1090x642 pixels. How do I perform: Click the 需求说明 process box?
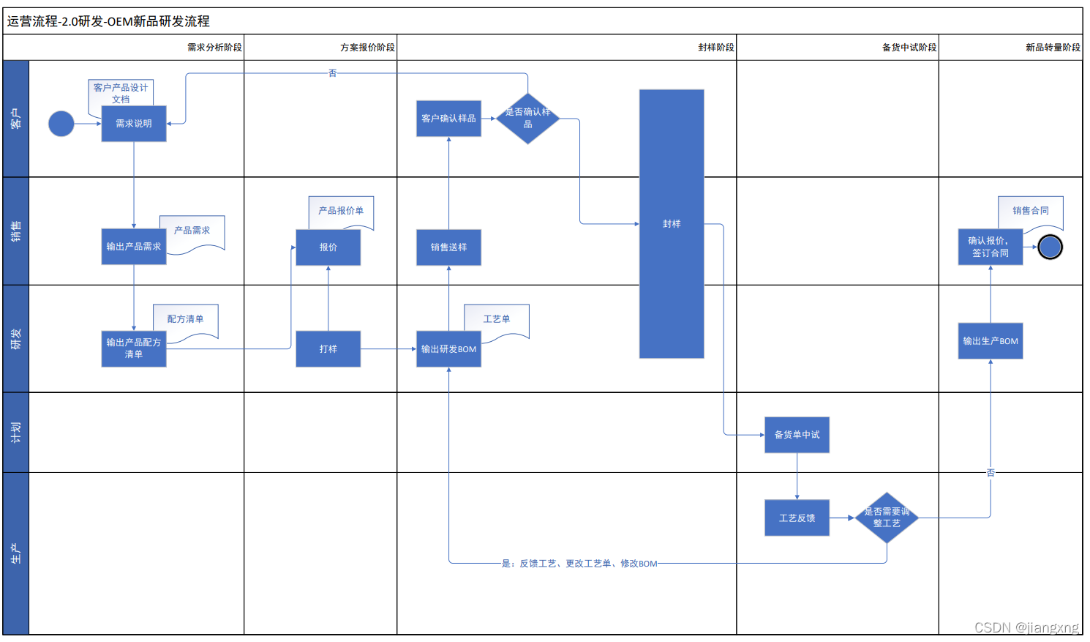[134, 124]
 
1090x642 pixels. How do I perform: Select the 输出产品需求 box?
[134, 247]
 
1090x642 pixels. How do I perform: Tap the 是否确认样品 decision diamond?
[527, 118]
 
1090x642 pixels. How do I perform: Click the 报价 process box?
[328, 247]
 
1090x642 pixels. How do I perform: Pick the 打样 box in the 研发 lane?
[328, 349]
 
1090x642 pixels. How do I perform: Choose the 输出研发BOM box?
[448, 349]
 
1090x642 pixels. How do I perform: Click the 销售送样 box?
[448, 247]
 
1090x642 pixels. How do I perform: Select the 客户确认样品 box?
[448, 119]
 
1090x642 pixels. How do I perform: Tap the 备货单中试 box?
[797, 435]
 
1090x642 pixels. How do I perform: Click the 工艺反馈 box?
[797, 518]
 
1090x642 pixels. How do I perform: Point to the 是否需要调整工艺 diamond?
[887, 518]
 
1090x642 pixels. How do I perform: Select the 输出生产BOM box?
[991, 341]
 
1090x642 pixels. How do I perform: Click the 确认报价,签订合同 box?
[991, 247]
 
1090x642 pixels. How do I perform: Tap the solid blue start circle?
[61, 124]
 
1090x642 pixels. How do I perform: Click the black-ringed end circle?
[1050, 247]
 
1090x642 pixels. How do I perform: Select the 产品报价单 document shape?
[341, 211]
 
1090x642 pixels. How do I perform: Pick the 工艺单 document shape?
[497, 320]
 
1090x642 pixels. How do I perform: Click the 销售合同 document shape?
[1031, 212]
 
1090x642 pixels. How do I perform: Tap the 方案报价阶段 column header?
[367, 48]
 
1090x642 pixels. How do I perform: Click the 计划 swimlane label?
[16, 433]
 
